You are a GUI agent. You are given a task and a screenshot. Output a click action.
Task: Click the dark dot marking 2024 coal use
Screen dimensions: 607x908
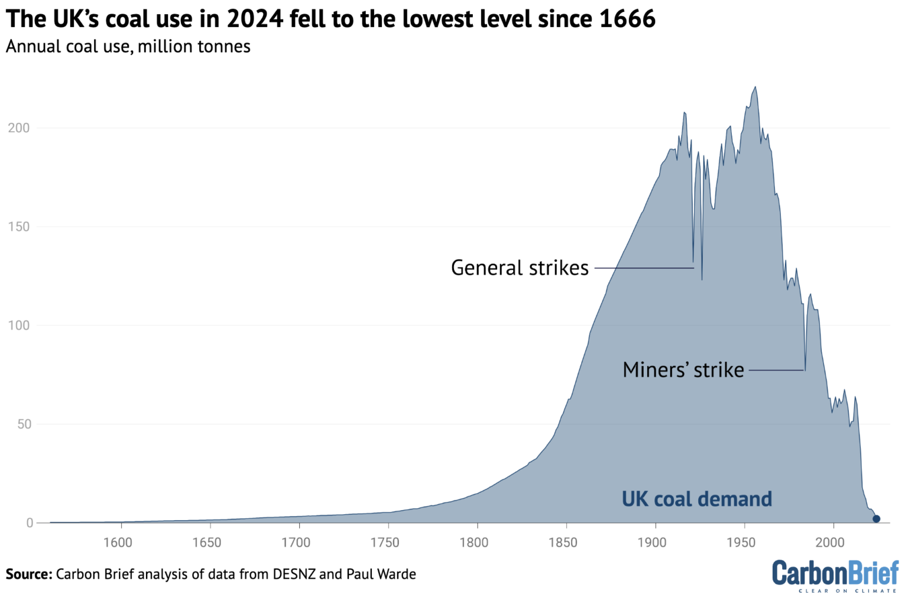[x=876, y=519]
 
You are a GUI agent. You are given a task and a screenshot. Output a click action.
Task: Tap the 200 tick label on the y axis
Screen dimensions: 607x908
[x=19, y=128]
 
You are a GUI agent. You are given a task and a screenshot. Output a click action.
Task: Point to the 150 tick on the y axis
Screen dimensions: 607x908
[x=19, y=227]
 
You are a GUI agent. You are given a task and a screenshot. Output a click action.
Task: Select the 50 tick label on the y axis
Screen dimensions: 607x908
[x=24, y=424]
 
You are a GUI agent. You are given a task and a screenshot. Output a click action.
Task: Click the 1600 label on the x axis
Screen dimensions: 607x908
[x=118, y=543]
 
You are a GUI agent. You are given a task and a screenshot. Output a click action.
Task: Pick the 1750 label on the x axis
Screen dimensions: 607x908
[x=385, y=543]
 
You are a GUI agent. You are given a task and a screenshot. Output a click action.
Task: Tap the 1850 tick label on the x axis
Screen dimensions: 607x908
[x=563, y=543]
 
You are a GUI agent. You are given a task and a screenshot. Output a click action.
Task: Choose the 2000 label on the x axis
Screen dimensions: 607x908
[x=830, y=543]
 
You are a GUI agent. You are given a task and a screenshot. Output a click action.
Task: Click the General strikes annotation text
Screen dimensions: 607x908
[x=520, y=268]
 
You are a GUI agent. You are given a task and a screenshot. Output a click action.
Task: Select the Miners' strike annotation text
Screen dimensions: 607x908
[x=683, y=370]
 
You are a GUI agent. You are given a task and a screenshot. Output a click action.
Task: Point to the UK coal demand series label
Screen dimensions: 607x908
[x=696, y=499]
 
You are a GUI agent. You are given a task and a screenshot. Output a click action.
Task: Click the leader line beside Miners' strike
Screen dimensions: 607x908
[x=777, y=371]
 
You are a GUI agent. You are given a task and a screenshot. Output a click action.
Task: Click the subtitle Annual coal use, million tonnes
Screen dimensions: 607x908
[x=128, y=47]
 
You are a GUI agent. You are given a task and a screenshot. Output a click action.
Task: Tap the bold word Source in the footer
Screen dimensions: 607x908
[x=28, y=574]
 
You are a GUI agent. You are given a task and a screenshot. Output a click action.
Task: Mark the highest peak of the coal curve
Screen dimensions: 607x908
[x=755, y=87]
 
